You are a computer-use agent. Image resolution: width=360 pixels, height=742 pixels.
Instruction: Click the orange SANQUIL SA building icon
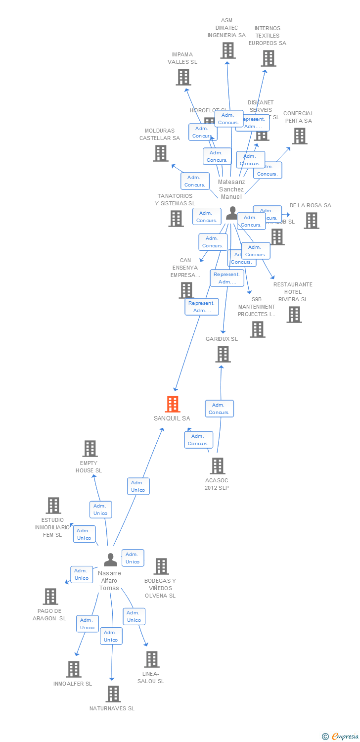point(172,404)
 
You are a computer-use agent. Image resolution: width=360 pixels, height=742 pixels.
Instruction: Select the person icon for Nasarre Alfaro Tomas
point(111,560)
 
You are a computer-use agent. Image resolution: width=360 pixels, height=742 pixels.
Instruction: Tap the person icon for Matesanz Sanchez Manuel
point(231,213)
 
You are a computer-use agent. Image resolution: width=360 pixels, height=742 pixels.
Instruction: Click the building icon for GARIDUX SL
point(223,354)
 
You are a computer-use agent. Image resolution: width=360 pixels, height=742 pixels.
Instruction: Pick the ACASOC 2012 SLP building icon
point(218,466)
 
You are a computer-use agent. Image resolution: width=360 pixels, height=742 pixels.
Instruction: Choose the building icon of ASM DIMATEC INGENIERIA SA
point(227,50)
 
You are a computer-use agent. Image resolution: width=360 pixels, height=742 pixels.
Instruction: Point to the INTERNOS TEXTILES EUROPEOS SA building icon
point(269,58)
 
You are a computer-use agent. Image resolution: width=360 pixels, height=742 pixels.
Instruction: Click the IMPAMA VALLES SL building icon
point(183,77)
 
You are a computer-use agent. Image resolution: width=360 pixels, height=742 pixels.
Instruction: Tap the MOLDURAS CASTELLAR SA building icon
point(161,153)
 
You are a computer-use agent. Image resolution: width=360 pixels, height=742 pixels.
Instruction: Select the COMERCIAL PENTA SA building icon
point(299,136)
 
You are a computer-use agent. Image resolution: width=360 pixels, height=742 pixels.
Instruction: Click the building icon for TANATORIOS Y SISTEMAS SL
point(176,218)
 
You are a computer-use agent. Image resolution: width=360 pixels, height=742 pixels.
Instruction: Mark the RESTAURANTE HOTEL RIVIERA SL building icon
point(294,314)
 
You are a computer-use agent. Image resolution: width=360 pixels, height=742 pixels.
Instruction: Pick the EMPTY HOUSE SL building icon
point(90,449)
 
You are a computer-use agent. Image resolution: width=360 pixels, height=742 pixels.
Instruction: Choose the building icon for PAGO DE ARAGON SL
point(50,597)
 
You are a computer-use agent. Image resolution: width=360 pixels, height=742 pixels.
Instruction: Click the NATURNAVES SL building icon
point(113,694)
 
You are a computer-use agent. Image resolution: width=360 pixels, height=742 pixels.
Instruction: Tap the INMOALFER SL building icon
point(74,669)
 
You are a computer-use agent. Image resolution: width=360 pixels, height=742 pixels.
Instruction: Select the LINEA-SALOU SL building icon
point(152,659)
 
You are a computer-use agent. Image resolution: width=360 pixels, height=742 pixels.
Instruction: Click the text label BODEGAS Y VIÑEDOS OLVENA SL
point(160,588)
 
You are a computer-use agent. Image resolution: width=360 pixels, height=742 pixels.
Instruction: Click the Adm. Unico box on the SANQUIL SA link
point(138,486)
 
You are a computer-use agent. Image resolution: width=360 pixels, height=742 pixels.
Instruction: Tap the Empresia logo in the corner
point(341,737)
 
